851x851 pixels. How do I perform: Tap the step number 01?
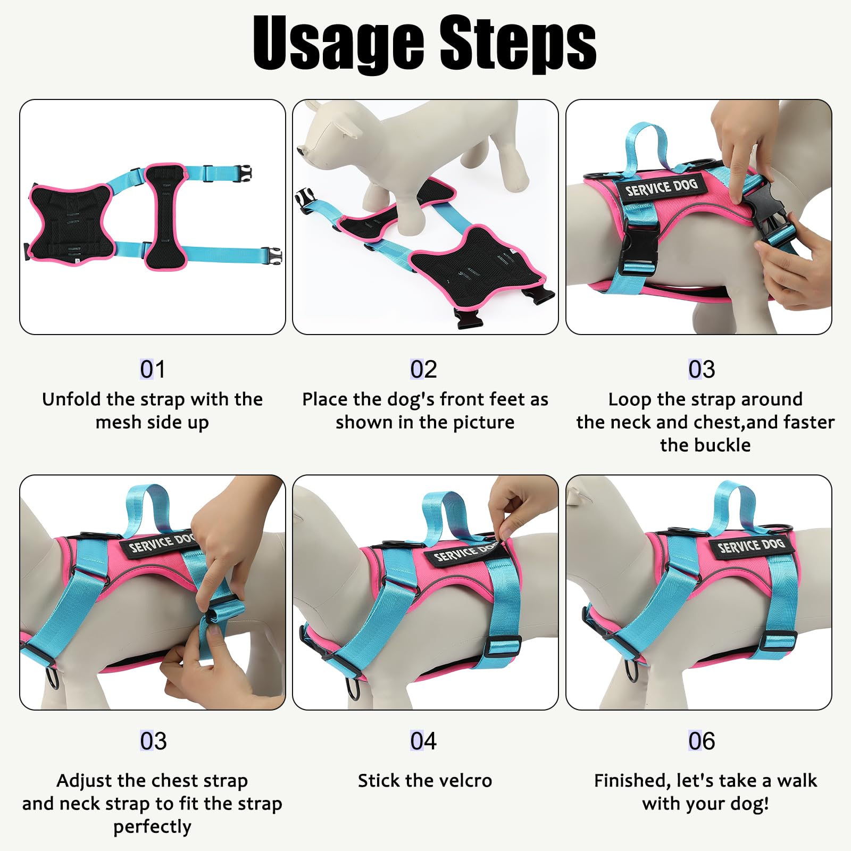point(153,369)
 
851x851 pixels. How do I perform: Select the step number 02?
point(423,369)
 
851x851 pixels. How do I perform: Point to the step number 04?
point(423,741)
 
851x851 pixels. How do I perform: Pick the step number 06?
point(702,741)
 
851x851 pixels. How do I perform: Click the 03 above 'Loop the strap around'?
point(702,369)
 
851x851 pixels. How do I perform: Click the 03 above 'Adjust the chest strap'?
point(153,741)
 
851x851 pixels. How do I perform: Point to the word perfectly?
point(152,827)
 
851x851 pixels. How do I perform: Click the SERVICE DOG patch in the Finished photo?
point(750,546)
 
